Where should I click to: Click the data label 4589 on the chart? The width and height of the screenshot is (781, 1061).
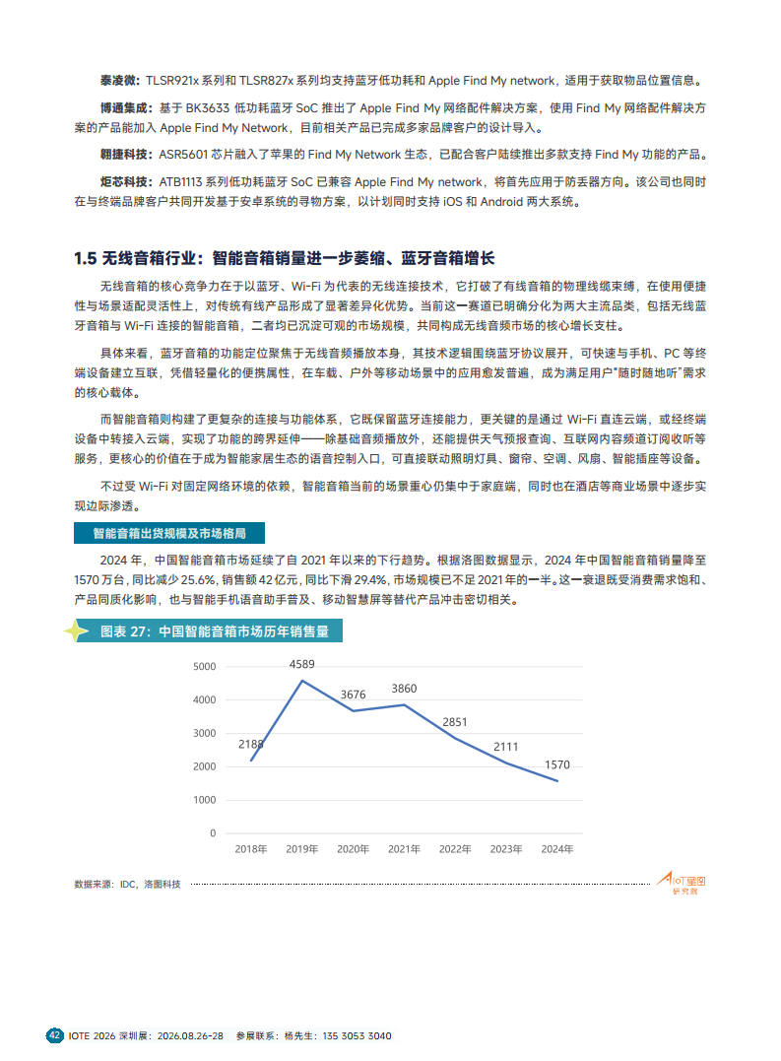click(x=302, y=665)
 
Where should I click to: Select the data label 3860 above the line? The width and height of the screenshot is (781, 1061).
click(x=404, y=688)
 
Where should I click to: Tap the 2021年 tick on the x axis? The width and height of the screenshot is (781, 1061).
click(x=404, y=848)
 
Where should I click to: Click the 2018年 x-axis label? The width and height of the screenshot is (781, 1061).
click(x=250, y=848)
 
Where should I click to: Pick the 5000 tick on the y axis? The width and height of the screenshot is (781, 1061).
click(x=204, y=667)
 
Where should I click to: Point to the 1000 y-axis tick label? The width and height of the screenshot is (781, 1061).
click(x=204, y=800)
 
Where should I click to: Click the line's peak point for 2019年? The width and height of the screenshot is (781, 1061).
click(x=301, y=681)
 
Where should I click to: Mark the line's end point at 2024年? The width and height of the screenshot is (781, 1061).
click(x=558, y=781)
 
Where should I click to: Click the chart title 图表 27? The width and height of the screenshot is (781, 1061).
click(x=215, y=631)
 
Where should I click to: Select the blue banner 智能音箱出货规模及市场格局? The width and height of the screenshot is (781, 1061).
click(x=168, y=533)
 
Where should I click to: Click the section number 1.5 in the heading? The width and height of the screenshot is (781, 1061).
click(x=85, y=258)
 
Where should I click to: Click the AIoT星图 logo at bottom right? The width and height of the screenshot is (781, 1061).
click(x=683, y=883)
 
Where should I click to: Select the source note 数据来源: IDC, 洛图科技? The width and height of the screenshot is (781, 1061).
click(x=128, y=885)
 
